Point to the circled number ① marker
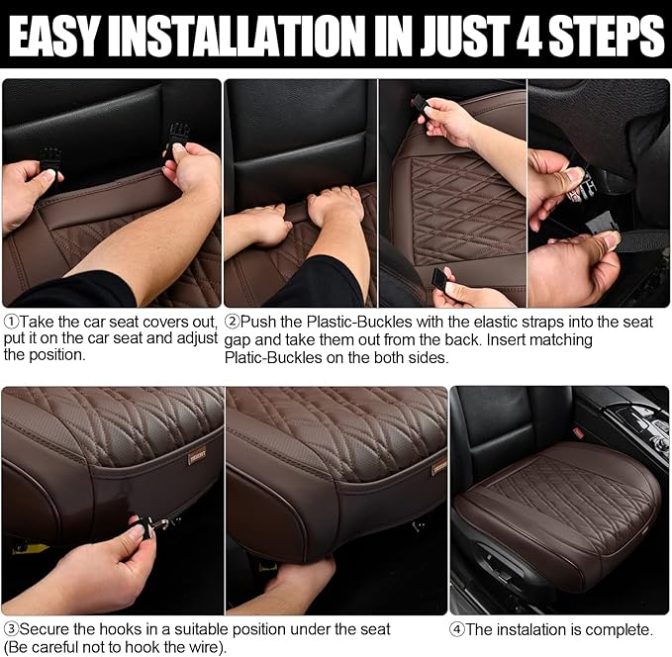tap(10, 323)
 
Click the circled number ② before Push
tap(233, 323)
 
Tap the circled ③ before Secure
tap(10, 629)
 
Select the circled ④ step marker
tap(457, 629)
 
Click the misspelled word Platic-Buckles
tap(271, 357)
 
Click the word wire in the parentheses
tap(212, 647)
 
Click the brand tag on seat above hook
tap(198, 457)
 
